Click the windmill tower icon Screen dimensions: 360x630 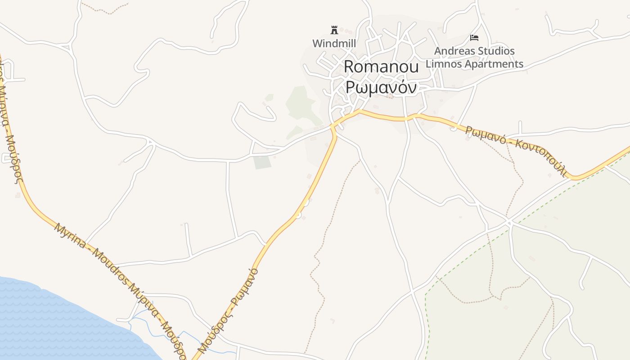click(334, 30)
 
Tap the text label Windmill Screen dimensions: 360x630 click(334, 44)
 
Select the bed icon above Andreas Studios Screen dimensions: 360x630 click(474, 37)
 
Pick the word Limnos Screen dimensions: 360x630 click(443, 64)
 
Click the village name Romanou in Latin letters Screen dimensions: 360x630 click(381, 67)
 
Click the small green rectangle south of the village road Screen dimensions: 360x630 click(262, 162)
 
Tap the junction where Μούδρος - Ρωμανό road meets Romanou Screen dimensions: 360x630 click(333, 126)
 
